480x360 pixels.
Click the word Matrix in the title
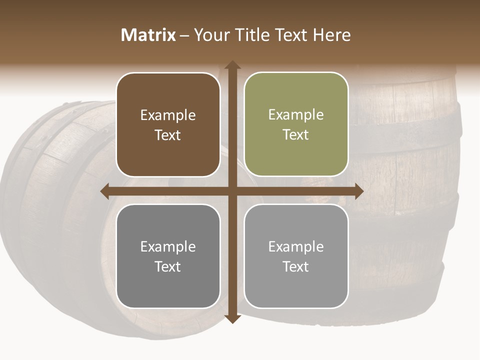(x=148, y=35)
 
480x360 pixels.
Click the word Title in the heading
(x=252, y=35)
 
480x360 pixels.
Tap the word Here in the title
(x=331, y=35)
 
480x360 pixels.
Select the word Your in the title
(x=211, y=35)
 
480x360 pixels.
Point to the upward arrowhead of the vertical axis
(x=232, y=65)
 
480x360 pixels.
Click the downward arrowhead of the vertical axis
(x=232, y=318)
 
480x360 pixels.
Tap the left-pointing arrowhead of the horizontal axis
(x=105, y=191)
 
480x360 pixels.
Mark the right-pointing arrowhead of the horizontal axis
(x=358, y=191)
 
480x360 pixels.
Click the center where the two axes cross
(x=232, y=191)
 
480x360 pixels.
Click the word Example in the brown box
(x=168, y=115)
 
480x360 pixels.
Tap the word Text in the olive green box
(x=296, y=135)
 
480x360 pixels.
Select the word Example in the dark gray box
(x=168, y=247)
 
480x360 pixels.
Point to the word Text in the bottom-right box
(x=296, y=266)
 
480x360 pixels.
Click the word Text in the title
(x=290, y=35)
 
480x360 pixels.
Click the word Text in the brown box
(x=168, y=135)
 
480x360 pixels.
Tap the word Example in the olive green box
(x=296, y=115)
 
